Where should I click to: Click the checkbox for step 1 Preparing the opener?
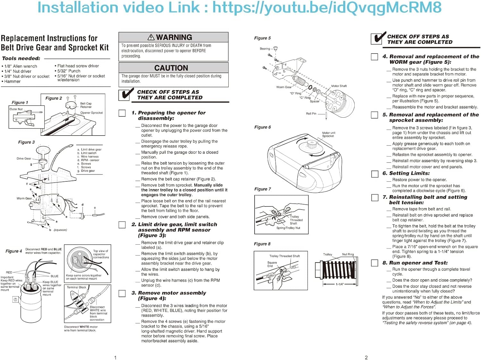(x=122, y=113)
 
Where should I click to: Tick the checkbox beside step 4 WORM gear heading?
(x=374, y=57)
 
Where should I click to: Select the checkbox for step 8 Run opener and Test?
(x=374, y=263)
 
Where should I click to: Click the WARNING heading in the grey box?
(x=174, y=37)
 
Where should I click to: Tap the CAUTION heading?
(x=171, y=68)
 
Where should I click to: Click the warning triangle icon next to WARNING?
(x=151, y=37)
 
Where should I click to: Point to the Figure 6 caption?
(x=262, y=127)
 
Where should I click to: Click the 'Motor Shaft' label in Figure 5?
(x=339, y=86)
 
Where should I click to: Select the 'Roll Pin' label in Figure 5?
(x=311, y=113)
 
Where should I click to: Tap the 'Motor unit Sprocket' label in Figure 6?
(x=328, y=134)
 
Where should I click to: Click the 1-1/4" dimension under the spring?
(x=340, y=284)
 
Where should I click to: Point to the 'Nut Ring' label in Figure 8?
(x=348, y=254)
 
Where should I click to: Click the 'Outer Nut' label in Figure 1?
(x=16, y=109)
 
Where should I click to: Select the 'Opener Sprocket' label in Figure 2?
(x=91, y=113)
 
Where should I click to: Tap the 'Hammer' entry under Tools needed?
(x=12, y=81)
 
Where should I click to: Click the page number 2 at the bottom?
(x=366, y=357)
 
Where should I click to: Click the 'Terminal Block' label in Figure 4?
(x=76, y=287)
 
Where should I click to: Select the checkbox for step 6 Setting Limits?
(x=374, y=174)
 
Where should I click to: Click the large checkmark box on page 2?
(x=378, y=38)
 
